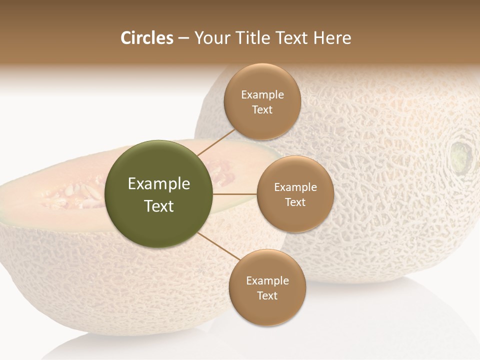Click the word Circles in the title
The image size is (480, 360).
[147, 38]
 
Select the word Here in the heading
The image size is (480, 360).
[332, 38]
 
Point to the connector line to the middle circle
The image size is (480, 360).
[235, 194]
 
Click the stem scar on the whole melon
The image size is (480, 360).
[461, 155]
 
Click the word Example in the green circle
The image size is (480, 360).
[159, 184]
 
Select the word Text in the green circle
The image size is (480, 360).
[159, 206]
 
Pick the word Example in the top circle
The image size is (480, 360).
[262, 95]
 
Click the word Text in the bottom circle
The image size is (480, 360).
[267, 296]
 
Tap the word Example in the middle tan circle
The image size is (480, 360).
[295, 187]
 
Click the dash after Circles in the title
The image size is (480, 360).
[183, 38]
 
